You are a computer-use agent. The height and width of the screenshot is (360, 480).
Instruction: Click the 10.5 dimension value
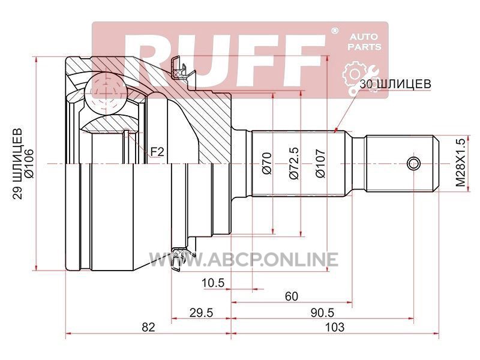(x=213, y=283)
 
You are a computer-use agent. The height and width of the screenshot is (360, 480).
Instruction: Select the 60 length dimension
(x=291, y=296)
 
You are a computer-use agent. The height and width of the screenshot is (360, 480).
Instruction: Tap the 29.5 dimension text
(x=201, y=313)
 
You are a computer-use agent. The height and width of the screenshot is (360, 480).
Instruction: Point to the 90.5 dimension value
(x=322, y=313)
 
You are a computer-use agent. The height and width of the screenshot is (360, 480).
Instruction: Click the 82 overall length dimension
(x=148, y=327)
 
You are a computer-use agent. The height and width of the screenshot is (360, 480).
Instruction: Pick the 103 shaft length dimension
(x=335, y=327)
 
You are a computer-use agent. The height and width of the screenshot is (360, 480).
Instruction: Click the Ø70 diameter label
(x=267, y=163)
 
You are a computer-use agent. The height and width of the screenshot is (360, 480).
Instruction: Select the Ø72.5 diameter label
(x=293, y=163)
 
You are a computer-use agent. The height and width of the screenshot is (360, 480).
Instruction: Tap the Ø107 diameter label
(x=320, y=163)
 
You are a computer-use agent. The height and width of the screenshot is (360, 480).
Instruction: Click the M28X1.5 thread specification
(x=460, y=162)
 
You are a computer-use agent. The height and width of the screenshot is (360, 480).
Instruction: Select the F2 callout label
(x=157, y=152)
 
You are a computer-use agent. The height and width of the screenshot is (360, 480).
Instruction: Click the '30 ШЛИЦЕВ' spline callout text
(x=395, y=84)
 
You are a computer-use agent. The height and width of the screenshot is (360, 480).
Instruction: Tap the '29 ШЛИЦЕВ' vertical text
(x=18, y=164)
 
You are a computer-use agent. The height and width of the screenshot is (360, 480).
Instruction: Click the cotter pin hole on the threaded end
(x=413, y=163)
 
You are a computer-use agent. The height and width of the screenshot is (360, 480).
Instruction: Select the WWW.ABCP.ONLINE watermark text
(x=244, y=260)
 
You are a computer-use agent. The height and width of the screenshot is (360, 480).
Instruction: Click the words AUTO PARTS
(x=364, y=42)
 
